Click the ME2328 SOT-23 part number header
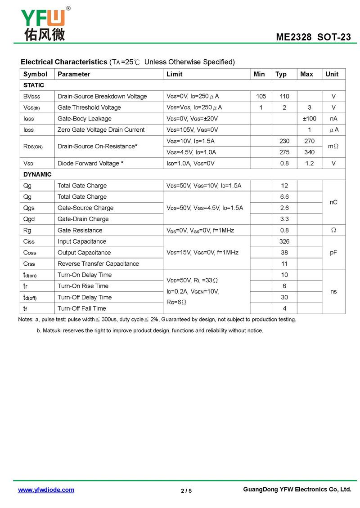pos(313,37)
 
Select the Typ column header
pos(281,74)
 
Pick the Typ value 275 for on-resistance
pos(284,152)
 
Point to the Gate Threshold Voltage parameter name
pos(89,107)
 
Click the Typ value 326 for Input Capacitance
pos(284,241)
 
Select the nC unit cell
pos(333,202)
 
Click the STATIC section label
pos(34,85)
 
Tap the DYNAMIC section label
pos(37,174)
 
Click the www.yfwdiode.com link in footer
pos(46,490)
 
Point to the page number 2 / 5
pos(186,490)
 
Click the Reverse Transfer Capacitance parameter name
pos(98,264)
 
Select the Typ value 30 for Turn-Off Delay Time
pos(284,297)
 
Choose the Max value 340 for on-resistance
pos(309,152)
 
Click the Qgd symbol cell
pos(29,219)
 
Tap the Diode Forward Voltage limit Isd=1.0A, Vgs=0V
pos(190,164)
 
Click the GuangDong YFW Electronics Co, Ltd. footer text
pos(297,490)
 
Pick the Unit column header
pos(332,74)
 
